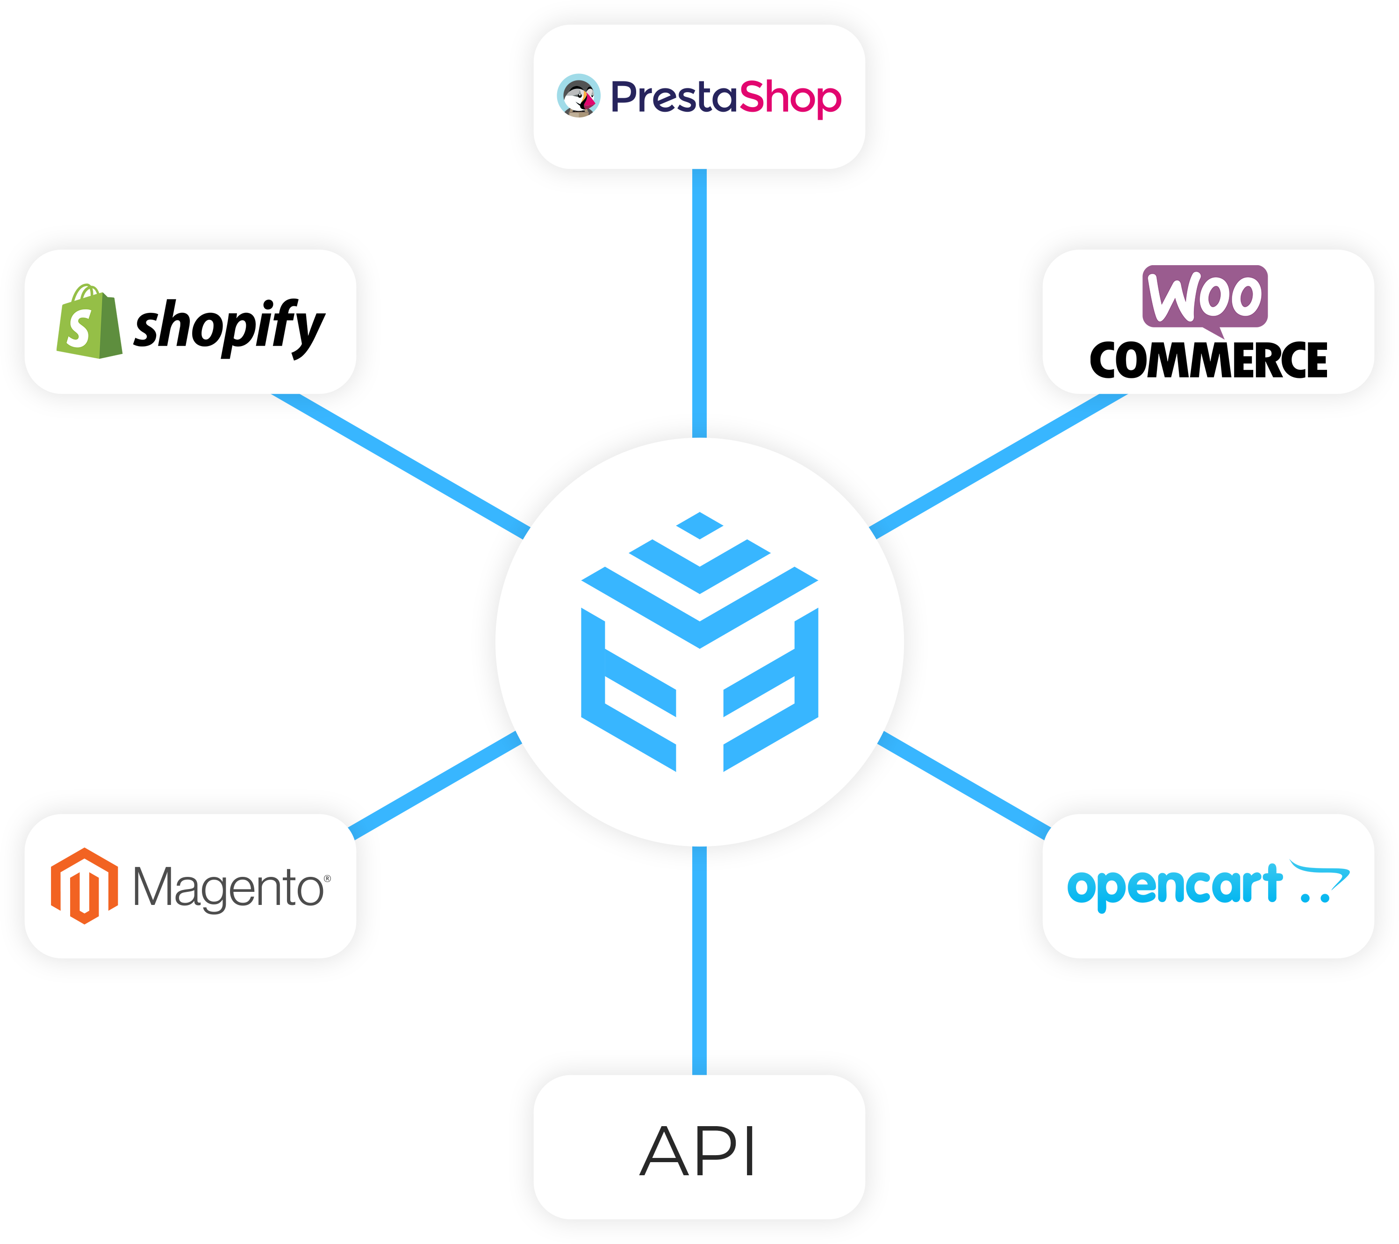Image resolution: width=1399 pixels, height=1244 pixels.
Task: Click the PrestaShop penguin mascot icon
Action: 578,96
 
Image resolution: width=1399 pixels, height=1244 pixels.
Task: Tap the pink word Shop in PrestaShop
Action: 790,98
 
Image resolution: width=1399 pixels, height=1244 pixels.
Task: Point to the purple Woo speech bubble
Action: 1205,297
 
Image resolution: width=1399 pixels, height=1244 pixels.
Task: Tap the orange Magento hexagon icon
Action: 84,886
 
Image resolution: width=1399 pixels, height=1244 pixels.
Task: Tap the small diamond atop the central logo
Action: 699,525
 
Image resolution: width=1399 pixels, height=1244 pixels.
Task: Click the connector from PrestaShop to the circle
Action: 699,301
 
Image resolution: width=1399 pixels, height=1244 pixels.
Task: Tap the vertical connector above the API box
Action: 699,959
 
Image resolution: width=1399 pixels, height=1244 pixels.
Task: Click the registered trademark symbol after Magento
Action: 327,878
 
